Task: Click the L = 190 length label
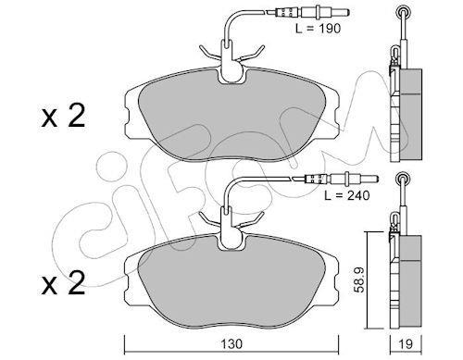[x=318, y=29]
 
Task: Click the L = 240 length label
[x=346, y=195]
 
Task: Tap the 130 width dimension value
[x=231, y=343]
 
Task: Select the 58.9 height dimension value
[x=360, y=279]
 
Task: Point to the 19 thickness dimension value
[x=406, y=343]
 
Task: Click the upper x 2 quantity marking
[x=63, y=117]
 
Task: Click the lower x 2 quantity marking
[x=63, y=283]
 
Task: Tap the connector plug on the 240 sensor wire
[x=341, y=179]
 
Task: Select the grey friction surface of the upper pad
[x=231, y=116]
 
